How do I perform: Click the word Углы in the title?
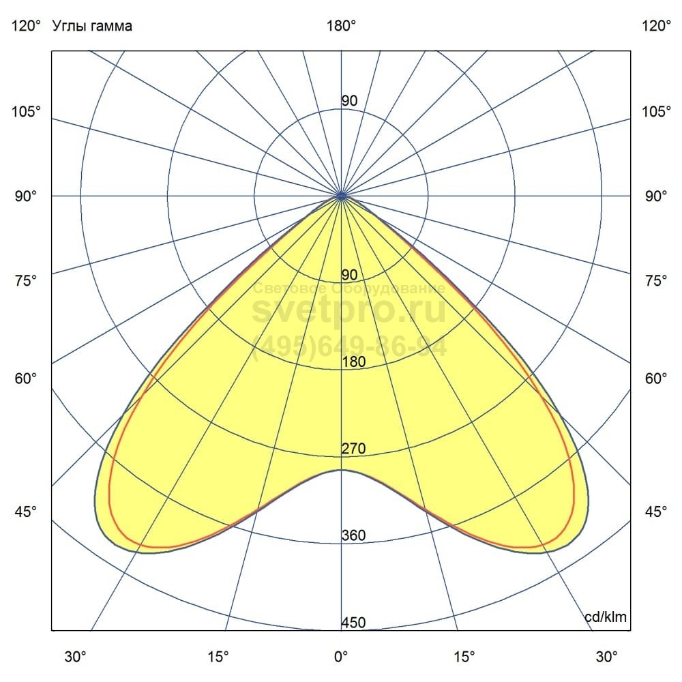coord(68,27)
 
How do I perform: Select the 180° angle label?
coord(341,27)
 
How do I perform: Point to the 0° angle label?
coord(341,657)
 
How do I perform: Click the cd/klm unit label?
coord(606,617)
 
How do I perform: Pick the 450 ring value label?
coord(353,623)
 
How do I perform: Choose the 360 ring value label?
coord(353,535)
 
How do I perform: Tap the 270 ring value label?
coord(353,449)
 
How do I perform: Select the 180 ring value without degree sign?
coord(353,362)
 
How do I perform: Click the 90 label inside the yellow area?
coord(349,275)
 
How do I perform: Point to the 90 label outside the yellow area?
coord(349,101)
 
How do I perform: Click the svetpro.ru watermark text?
coord(349,311)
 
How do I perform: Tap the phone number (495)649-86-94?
coord(349,346)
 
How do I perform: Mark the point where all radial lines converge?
coord(341,196)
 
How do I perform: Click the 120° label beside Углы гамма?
coord(26,27)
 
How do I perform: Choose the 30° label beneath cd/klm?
coord(606,657)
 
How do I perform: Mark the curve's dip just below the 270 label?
coord(341,470)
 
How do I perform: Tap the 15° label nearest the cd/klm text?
coord(464,657)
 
